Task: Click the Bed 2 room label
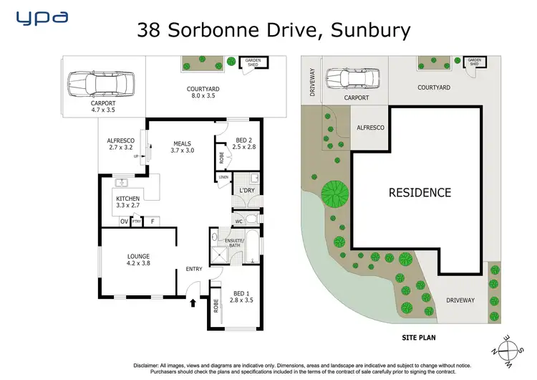pyautogui.click(x=244, y=143)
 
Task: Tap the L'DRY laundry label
pyautogui.click(x=247, y=190)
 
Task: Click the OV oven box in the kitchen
pyautogui.click(x=124, y=222)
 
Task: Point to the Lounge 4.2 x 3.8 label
pyautogui.click(x=137, y=258)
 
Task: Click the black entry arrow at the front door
pyautogui.click(x=193, y=303)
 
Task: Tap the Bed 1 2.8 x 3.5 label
pyautogui.click(x=242, y=295)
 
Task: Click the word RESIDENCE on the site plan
pyautogui.click(x=420, y=192)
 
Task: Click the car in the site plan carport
pyautogui.click(x=343, y=77)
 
